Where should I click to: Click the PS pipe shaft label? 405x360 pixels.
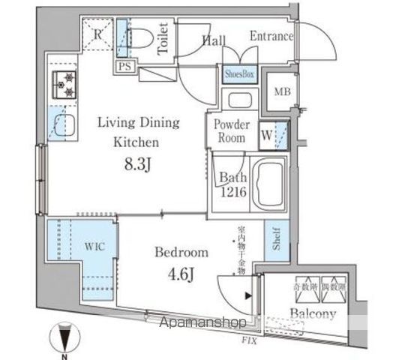(124, 67)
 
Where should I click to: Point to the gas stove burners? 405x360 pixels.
(64, 87)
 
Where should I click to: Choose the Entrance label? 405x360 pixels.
(271, 36)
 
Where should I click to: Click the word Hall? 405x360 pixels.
(214, 40)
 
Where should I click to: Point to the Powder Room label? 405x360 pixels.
(231, 131)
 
